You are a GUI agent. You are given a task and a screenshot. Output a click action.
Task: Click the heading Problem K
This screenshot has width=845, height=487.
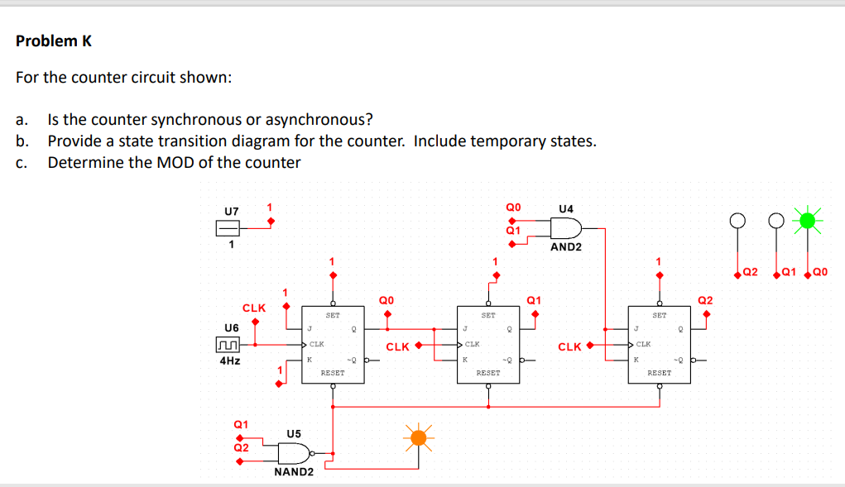[x=54, y=41]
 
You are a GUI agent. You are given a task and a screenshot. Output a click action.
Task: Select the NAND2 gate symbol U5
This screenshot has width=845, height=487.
[x=294, y=453]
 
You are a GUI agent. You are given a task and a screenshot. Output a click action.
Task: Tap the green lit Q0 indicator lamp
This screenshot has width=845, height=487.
[x=809, y=221]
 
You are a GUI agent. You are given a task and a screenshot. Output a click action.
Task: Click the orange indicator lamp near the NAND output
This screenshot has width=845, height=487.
[x=420, y=437]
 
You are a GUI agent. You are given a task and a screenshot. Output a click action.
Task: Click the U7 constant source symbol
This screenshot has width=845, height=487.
[x=229, y=228]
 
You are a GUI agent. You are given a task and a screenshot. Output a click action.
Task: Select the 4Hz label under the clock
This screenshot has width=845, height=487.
[x=230, y=361]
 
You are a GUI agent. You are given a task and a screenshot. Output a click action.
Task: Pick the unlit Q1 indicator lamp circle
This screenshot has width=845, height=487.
[x=775, y=222]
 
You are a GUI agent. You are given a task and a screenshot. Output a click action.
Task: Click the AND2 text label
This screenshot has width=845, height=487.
[x=566, y=246]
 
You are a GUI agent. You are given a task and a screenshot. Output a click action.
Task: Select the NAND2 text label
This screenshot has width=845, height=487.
[x=294, y=472]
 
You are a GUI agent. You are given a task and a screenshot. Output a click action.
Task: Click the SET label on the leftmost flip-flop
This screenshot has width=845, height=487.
[x=333, y=315]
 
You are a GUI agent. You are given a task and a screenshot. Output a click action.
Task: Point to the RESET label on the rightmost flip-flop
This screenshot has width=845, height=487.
[x=659, y=373]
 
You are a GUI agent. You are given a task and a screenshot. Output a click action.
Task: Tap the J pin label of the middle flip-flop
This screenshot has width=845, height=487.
[x=466, y=328]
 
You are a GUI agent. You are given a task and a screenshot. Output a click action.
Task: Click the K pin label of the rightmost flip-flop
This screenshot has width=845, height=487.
[x=636, y=359]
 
